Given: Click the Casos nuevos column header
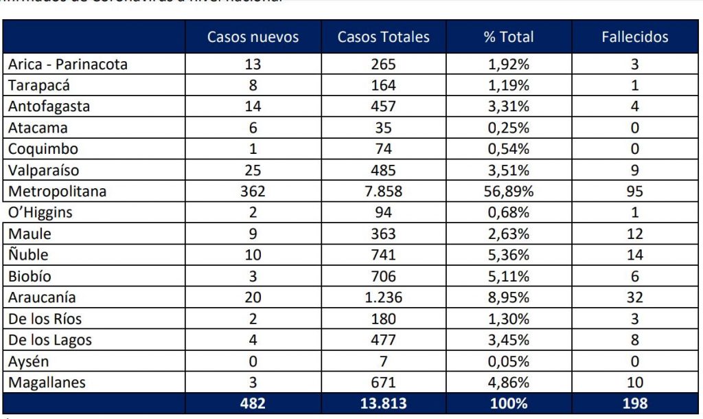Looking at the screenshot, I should [253, 37].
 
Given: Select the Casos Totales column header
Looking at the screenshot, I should [383, 37].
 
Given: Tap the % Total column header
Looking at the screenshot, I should [508, 37].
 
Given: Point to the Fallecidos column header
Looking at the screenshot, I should [634, 37].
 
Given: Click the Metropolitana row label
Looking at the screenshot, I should [58, 191].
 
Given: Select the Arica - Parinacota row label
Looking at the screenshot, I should [68, 65].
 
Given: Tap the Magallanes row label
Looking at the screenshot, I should [47, 382].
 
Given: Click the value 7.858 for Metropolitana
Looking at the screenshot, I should [383, 191].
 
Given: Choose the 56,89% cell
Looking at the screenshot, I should [508, 191].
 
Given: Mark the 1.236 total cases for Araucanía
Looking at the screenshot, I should [383, 297].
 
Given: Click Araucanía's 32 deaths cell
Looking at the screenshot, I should [634, 297].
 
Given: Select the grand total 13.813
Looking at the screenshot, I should [383, 403].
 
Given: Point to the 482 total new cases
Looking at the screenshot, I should [253, 403].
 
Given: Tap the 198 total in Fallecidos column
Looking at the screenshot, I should [634, 403].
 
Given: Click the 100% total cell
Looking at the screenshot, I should [508, 403].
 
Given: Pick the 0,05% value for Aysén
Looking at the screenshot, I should [508, 361].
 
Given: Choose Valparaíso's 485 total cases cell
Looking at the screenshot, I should [383, 170].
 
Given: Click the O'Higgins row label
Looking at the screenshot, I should [41, 212].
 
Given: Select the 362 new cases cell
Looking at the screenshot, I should [253, 191].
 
